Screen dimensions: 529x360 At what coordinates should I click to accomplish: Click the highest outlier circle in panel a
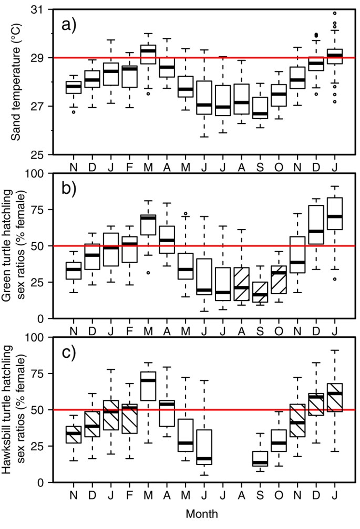(335, 13)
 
